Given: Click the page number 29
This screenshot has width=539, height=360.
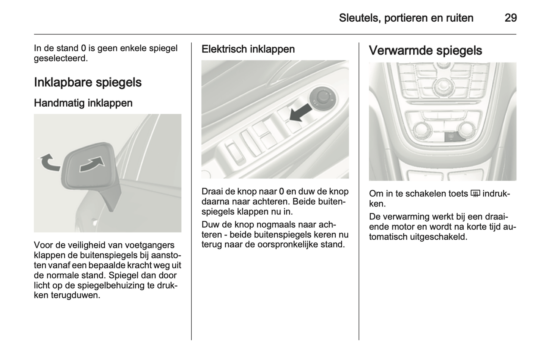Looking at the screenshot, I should [511, 18].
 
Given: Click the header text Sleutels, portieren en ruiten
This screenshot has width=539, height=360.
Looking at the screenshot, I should [406, 18].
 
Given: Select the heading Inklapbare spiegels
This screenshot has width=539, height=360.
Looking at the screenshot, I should [88, 82].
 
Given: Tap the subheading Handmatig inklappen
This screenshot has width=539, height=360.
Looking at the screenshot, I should [83, 103].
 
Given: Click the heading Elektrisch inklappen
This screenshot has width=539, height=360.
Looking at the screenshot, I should [248, 49].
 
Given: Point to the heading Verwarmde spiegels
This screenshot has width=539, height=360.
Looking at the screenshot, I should [425, 51].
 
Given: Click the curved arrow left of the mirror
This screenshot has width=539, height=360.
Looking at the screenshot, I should [49, 163].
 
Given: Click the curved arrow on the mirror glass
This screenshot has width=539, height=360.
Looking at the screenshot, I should [92, 164].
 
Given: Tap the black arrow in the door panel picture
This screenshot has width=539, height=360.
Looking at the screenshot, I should [301, 112].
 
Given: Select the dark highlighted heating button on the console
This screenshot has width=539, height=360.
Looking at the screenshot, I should [452, 137].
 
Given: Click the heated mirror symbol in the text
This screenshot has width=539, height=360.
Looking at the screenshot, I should [475, 194].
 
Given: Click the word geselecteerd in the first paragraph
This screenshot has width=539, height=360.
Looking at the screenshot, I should [60, 59].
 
